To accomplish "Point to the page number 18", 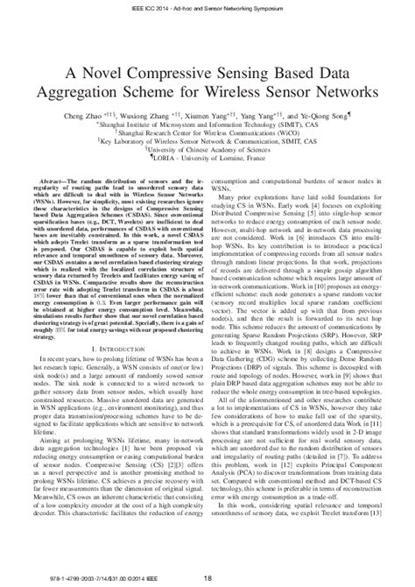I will [x=207, y=576].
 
